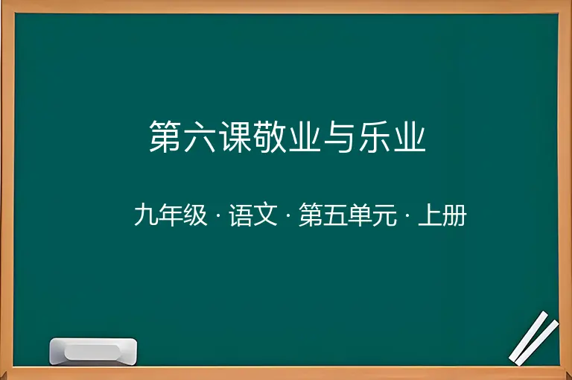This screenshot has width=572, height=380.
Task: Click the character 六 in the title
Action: (x=200, y=136)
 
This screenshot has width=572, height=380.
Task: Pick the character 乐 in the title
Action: (x=375, y=136)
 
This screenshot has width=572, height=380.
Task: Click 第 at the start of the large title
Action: (x=165, y=136)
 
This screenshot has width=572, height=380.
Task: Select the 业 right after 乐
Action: (x=410, y=136)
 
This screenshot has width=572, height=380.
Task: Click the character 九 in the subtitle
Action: (x=146, y=215)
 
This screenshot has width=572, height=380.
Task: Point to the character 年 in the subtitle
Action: (x=171, y=215)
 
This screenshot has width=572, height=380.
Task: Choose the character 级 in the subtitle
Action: (x=195, y=215)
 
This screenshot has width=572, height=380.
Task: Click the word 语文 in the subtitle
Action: (x=253, y=215)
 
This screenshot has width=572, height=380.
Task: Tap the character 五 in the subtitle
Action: (x=335, y=215)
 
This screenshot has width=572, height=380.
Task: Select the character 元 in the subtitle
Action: (x=384, y=215)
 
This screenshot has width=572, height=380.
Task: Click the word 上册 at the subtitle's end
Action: (x=442, y=215)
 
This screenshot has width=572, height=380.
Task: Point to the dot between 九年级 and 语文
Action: (x=218, y=215)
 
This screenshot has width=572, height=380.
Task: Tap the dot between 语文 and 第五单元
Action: (x=288, y=215)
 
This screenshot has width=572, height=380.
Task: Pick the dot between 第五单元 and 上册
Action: (x=407, y=215)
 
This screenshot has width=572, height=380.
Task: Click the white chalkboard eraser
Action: (x=93, y=351)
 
